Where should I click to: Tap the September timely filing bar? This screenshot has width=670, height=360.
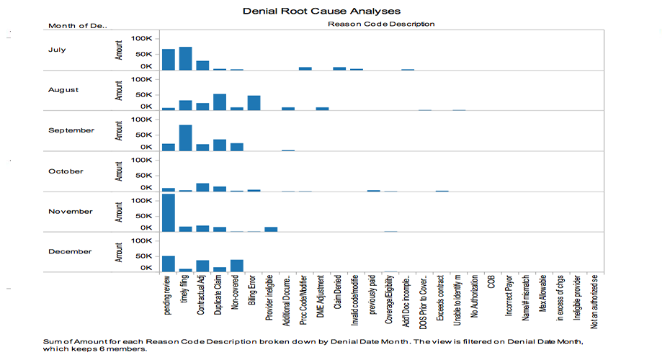[x=185, y=138]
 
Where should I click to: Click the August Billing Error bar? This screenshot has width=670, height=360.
[x=254, y=103]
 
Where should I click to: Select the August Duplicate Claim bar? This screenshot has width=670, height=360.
[x=220, y=102]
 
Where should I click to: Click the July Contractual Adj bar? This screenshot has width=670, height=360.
[x=202, y=66]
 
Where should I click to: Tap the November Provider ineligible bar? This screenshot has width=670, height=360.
[x=271, y=229]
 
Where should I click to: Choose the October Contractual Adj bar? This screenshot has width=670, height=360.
[x=202, y=187]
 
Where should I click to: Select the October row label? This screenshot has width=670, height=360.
[x=66, y=171]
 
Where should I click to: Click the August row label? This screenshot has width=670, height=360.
[x=64, y=90]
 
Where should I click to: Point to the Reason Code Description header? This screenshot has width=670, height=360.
[x=381, y=24]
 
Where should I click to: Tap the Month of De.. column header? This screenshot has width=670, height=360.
[x=78, y=25]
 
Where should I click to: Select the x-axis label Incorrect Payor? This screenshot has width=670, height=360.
[x=509, y=297]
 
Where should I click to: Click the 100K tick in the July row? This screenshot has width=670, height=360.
[x=141, y=38]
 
